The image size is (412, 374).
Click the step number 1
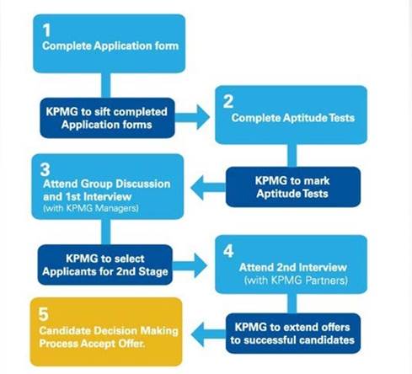click(46, 30)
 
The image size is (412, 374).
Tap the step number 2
click(228, 101)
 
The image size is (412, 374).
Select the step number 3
click(45, 169)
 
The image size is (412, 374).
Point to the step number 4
click(228, 251)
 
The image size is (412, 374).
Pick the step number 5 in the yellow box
click(44, 314)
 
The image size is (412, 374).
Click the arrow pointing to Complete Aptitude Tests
click(192, 117)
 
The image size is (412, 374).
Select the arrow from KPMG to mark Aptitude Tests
click(208, 188)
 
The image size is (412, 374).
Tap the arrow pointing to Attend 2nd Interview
click(190, 265)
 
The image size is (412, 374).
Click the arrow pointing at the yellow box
click(208, 334)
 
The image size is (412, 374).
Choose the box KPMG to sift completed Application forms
click(107, 118)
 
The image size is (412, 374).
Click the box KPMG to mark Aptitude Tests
click(293, 187)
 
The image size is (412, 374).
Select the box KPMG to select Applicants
click(105, 264)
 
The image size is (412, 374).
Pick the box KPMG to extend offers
click(293, 334)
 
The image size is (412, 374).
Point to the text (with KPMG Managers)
click(91, 208)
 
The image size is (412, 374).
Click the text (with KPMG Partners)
click(296, 280)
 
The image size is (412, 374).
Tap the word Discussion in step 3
click(143, 184)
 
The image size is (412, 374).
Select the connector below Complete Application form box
click(106, 85)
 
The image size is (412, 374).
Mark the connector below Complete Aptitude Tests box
click(292, 156)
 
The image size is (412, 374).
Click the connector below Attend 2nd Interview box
click(292, 303)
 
